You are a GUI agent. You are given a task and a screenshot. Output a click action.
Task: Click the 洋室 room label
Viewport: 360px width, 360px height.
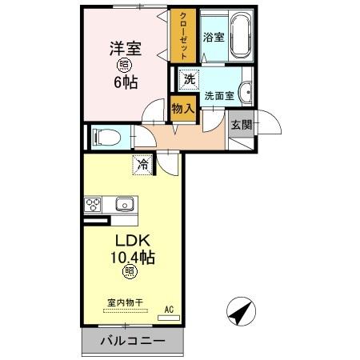pos(125,47)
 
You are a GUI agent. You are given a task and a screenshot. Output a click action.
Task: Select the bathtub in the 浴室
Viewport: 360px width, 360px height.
pos(239,38)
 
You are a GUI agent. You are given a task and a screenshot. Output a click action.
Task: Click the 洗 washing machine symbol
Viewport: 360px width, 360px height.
pos(188,79)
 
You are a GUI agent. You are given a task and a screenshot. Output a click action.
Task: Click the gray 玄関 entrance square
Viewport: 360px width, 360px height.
pos(241,124)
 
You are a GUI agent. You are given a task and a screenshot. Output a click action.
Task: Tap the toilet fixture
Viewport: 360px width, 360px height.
pos(106,138)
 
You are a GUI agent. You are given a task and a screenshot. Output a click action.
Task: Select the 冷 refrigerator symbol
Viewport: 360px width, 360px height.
pos(142,166)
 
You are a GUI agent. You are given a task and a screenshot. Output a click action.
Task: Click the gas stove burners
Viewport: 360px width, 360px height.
pos(94,204)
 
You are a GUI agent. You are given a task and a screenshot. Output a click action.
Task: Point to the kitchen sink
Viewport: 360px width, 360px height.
pos(125,204)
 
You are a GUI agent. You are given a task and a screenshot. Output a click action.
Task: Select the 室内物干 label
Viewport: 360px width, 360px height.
pos(124,302)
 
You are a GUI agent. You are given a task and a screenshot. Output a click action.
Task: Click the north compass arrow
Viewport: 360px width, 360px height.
pos(239,311)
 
